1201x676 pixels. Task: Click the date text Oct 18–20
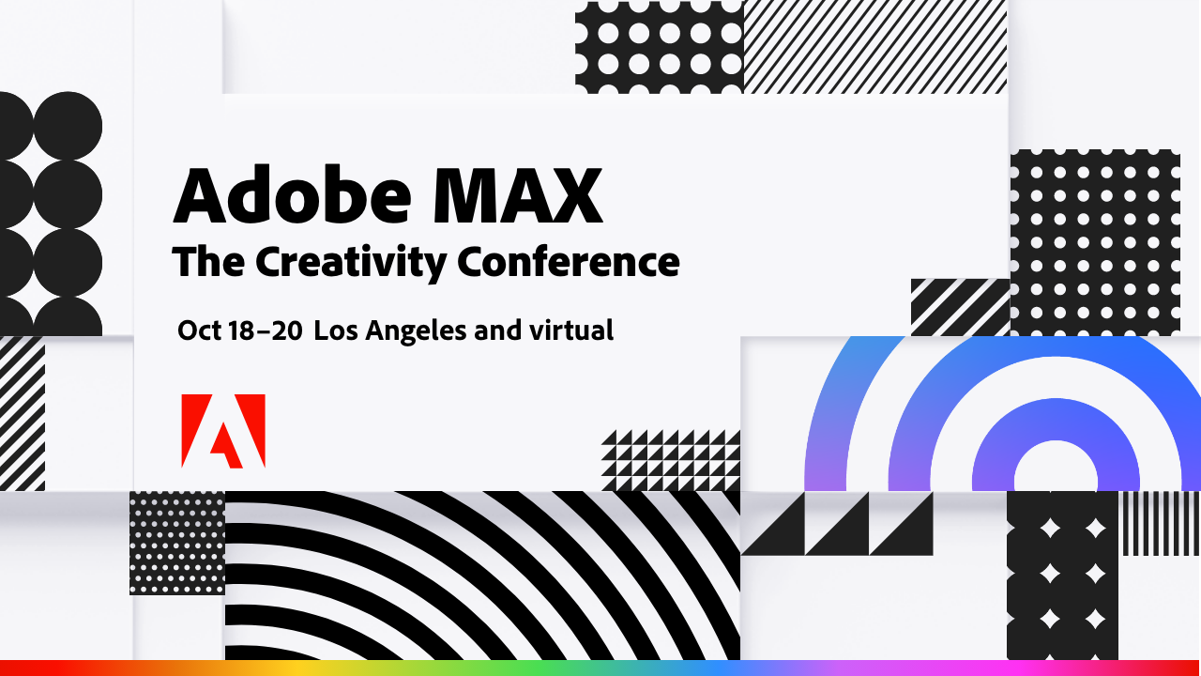click(x=239, y=330)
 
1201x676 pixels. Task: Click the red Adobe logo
click(x=223, y=431)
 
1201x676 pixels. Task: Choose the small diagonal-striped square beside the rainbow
click(x=960, y=307)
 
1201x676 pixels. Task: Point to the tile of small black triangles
click(x=670, y=460)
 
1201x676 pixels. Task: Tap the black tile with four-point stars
click(x=1062, y=575)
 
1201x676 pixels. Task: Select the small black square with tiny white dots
click(x=177, y=543)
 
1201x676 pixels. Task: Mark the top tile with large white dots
click(x=659, y=47)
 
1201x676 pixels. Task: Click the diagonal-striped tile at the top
click(x=874, y=47)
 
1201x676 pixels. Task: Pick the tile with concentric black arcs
click(x=482, y=575)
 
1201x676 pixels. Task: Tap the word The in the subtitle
click(x=208, y=262)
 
